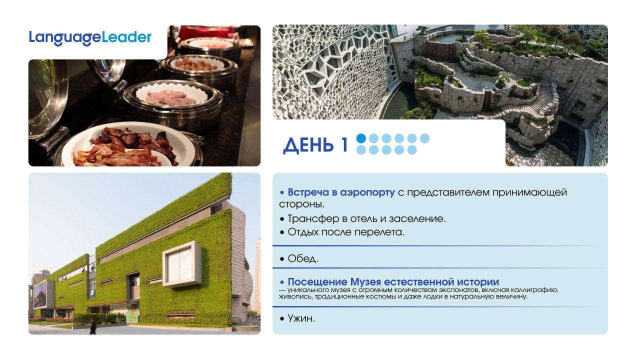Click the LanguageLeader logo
point(90,38)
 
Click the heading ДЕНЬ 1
point(315,145)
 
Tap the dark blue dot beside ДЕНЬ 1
point(361,138)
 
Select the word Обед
point(303,258)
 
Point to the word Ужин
point(301,318)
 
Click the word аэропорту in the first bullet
point(367,193)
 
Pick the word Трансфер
point(313,219)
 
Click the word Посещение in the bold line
point(317,282)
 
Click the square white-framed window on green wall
point(182,264)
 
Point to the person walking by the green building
point(93,326)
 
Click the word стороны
point(301,204)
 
